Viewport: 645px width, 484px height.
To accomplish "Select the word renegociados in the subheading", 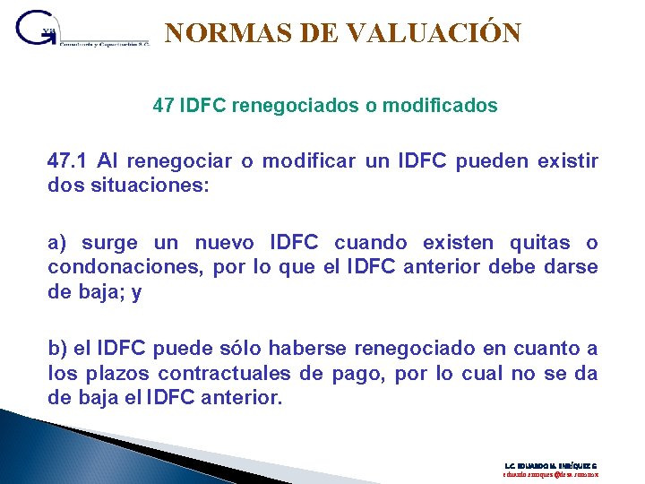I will (x=294, y=106).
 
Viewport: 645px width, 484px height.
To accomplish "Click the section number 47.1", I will (x=68, y=161).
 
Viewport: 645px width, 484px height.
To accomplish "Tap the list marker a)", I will (x=58, y=243).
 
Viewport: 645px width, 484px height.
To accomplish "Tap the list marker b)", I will (x=58, y=349).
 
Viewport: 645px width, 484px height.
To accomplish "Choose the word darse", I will (x=572, y=268).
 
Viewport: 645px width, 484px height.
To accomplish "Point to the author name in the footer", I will (x=551, y=466).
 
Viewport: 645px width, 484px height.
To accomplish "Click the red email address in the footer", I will (x=551, y=476).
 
